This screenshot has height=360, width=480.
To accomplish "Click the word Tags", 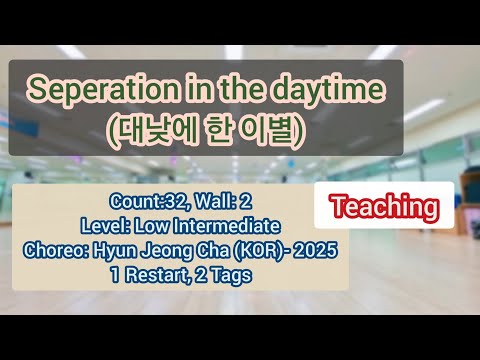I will pos(233,271).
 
